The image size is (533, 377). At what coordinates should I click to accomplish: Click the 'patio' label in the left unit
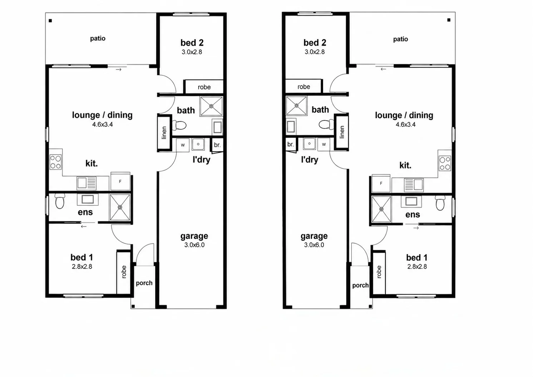[98, 38]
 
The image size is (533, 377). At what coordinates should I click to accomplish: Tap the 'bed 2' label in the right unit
[315, 43]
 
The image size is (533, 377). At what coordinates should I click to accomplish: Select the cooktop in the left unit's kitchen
[55, 162]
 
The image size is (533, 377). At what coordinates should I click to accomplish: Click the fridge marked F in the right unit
[381, 183]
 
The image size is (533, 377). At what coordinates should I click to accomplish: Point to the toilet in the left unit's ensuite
[59, 201]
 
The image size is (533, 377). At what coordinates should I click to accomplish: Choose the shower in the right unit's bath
[296, 106]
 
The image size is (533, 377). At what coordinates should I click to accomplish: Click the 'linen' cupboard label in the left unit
[164, 133]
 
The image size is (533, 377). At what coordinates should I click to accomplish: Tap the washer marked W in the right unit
[324, 144]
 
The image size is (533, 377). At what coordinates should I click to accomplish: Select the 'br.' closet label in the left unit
[217, 145]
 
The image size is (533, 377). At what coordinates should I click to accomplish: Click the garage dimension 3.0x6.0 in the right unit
[314, 245]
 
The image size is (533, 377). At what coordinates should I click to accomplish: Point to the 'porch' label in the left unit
[144, 283]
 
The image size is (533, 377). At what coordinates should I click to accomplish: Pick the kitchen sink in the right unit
[414, 185]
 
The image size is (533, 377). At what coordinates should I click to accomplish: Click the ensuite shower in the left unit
[120, 207]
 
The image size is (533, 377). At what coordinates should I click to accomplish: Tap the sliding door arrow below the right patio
[383, 69]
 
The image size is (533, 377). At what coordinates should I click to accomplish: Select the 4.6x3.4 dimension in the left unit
[103, 124]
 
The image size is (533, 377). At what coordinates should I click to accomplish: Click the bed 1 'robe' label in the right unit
[379, 272]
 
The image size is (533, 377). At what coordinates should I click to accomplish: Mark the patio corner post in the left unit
[50, 21]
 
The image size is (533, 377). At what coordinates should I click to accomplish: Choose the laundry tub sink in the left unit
[198, 144]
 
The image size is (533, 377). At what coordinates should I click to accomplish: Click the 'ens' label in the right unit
[413, 214]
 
